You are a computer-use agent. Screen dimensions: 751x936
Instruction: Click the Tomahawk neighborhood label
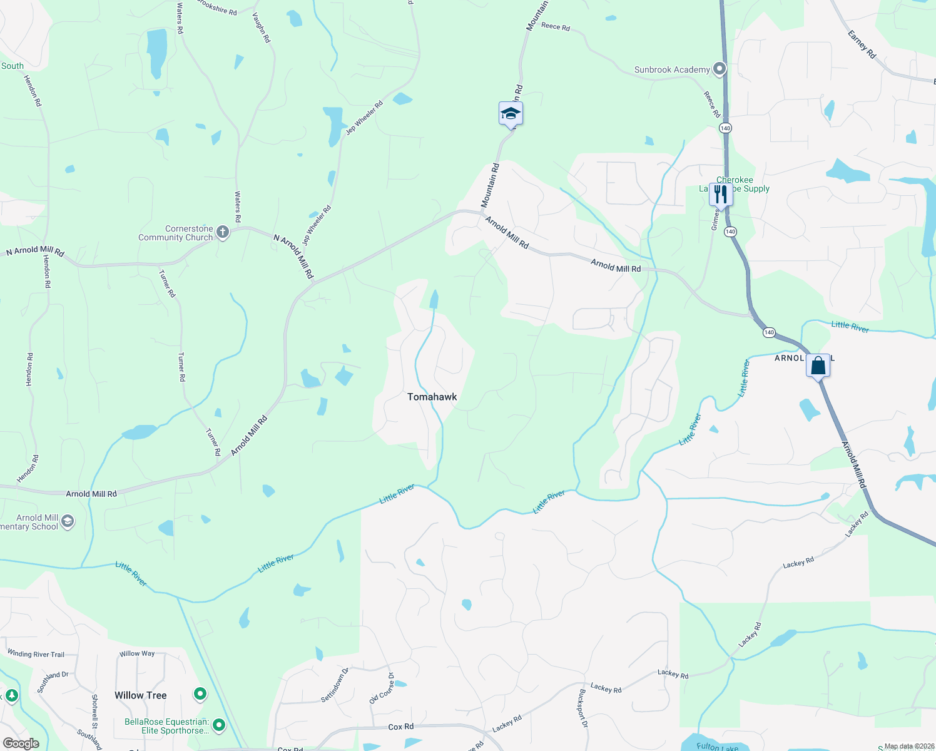click(432, 397)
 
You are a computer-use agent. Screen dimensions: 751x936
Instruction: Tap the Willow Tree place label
click(141, 695)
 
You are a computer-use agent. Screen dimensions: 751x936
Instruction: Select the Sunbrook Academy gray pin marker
click(720, 68)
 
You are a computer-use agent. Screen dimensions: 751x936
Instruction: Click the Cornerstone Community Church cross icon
click(222, 233)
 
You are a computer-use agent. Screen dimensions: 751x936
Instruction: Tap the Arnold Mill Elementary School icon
click(68, 521)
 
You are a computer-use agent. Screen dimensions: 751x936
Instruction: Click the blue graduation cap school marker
click(511, 114)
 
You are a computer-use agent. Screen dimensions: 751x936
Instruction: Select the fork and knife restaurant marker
click(721, 194)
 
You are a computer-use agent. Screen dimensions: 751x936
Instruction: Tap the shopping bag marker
click(818, 365)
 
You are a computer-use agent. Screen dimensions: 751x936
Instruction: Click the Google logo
click(21, 743)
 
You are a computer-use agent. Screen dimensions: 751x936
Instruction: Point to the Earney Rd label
click(862, 44)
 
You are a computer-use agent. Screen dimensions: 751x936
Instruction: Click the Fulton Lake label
click(717, 747)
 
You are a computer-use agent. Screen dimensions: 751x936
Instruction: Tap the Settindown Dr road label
click(335, 685)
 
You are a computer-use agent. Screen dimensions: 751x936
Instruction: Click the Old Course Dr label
click(382, 688)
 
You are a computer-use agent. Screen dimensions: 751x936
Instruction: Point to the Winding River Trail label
click(36, 654)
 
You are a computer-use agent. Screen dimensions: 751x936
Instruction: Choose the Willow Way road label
click(137, 653)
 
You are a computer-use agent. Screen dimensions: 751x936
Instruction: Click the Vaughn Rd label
click(262, 28)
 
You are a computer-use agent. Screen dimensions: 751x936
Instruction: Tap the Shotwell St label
click(95, 712)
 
